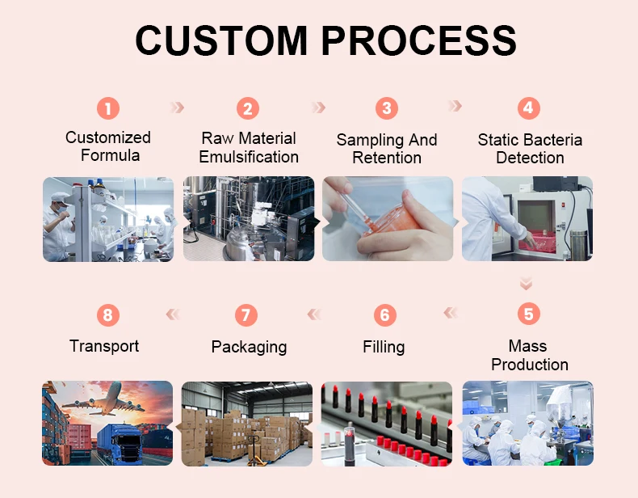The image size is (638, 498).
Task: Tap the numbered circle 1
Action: [108, 108]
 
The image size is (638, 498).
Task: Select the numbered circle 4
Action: [528, 108]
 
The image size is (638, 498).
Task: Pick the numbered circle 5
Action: [528, 314]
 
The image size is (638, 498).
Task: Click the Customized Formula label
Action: [108, 146]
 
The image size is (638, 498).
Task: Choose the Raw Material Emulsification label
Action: [249, 148]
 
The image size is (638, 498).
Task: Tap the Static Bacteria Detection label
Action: [530, 149]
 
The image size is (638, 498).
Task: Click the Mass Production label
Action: [529, 356]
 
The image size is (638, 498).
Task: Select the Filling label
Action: [384, 347]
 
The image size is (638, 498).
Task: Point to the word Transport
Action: [104, 346]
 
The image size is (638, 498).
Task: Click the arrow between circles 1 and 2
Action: [178, 108]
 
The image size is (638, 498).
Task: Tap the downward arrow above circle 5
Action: [527, 283]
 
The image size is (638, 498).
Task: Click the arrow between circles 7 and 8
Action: [173, 314]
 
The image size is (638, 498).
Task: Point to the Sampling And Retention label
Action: [387, 149]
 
